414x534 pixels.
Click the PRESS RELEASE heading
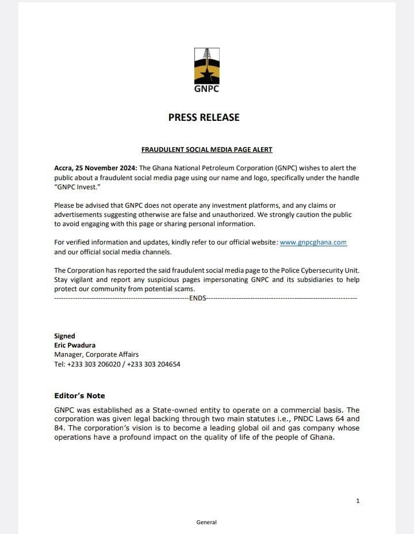(x=204, y=117)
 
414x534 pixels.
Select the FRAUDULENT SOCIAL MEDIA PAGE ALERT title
(x=206, y=150)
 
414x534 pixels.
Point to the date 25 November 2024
(x=109, y=168)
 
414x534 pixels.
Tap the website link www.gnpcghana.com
(x=313, y=243)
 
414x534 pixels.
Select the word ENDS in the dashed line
(x=197, y=299)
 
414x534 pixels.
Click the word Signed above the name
(x=64, y=336)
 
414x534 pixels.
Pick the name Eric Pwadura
(x=75, y=345)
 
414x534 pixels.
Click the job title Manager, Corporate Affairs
(x=96, y=354)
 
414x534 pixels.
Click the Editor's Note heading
(x=79, y=396)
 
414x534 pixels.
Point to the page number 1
(x=358, y=501)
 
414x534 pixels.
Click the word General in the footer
(x=206, y=522)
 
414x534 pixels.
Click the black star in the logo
(x=206, y=74)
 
